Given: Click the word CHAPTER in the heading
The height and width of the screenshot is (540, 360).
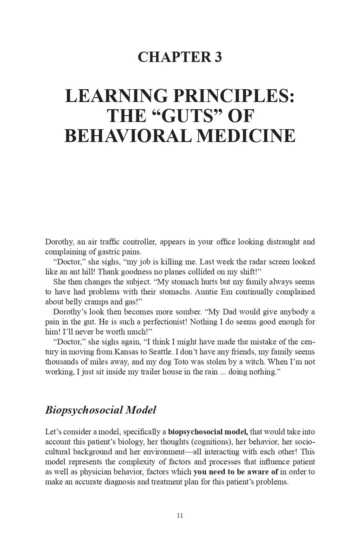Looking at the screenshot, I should tap(172, 57).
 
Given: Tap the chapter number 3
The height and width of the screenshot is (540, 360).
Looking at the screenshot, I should tap(218, 57).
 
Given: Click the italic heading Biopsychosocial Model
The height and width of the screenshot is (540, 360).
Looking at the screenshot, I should tap(100, 410).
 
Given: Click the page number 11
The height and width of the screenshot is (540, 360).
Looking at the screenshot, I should tap(180, 516).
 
